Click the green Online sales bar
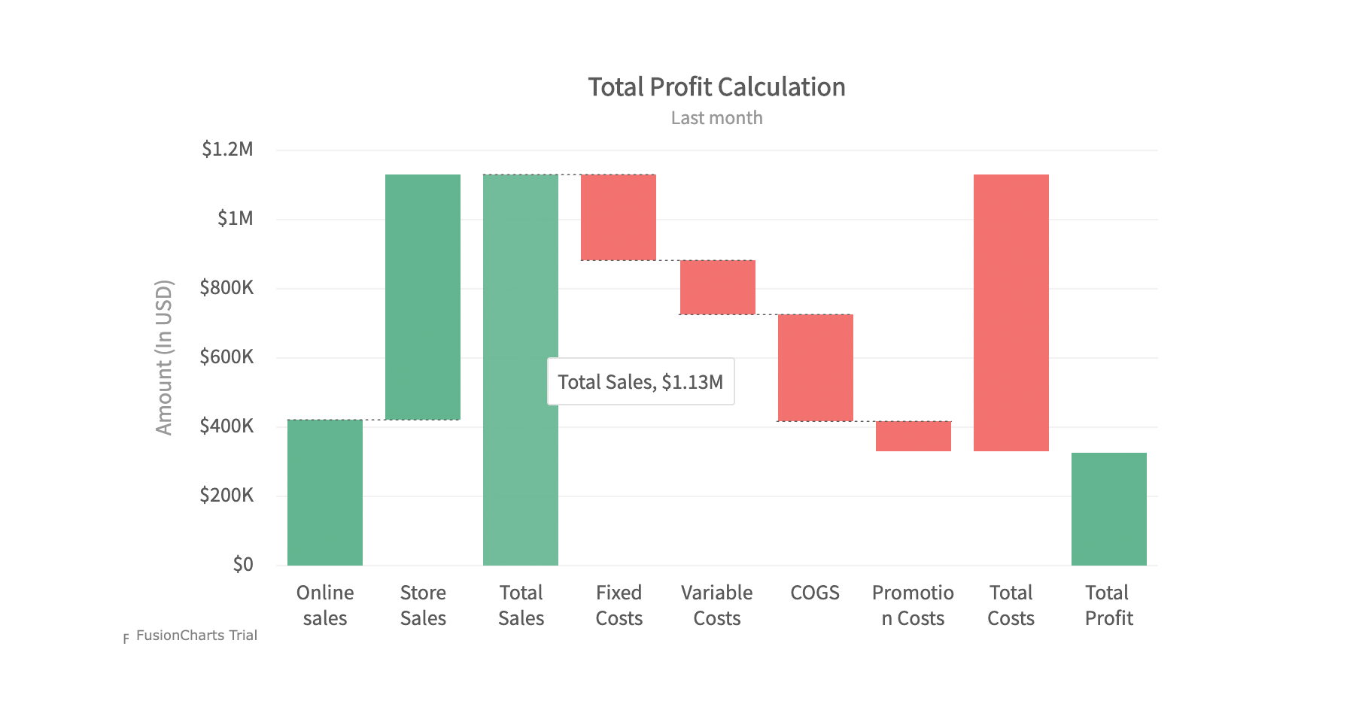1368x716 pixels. [x=325, y=492]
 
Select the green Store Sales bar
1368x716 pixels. [x=423, y=296]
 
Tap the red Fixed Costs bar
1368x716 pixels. [x=619, y=217]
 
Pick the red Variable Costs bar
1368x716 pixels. [x=718, y=287]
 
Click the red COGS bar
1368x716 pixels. [x=816, y=368]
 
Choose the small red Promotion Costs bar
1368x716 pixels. [x=914, y=436]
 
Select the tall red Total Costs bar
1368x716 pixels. [x=1011, y=313]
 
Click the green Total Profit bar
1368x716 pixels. [x=1109, y=509]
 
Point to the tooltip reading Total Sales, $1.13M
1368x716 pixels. [x=640, y=382]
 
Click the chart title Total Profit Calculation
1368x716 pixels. [x=716, y=87]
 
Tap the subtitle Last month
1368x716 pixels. [x=716, y=118]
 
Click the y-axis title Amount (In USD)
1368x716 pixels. [x=164, y=357]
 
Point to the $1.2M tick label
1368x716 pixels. [x=227, y=150]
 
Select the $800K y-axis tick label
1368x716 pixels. [x=226, y=288]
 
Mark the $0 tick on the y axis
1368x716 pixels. [x=242, y=565]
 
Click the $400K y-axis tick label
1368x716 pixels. [x=226, y=426]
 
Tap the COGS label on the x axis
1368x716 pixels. [x=815, y=593]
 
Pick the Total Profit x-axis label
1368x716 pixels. [x=1109, y=605]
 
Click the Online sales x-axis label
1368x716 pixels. [x=325, y=605]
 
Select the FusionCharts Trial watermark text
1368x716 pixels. [x=196, y=636]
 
